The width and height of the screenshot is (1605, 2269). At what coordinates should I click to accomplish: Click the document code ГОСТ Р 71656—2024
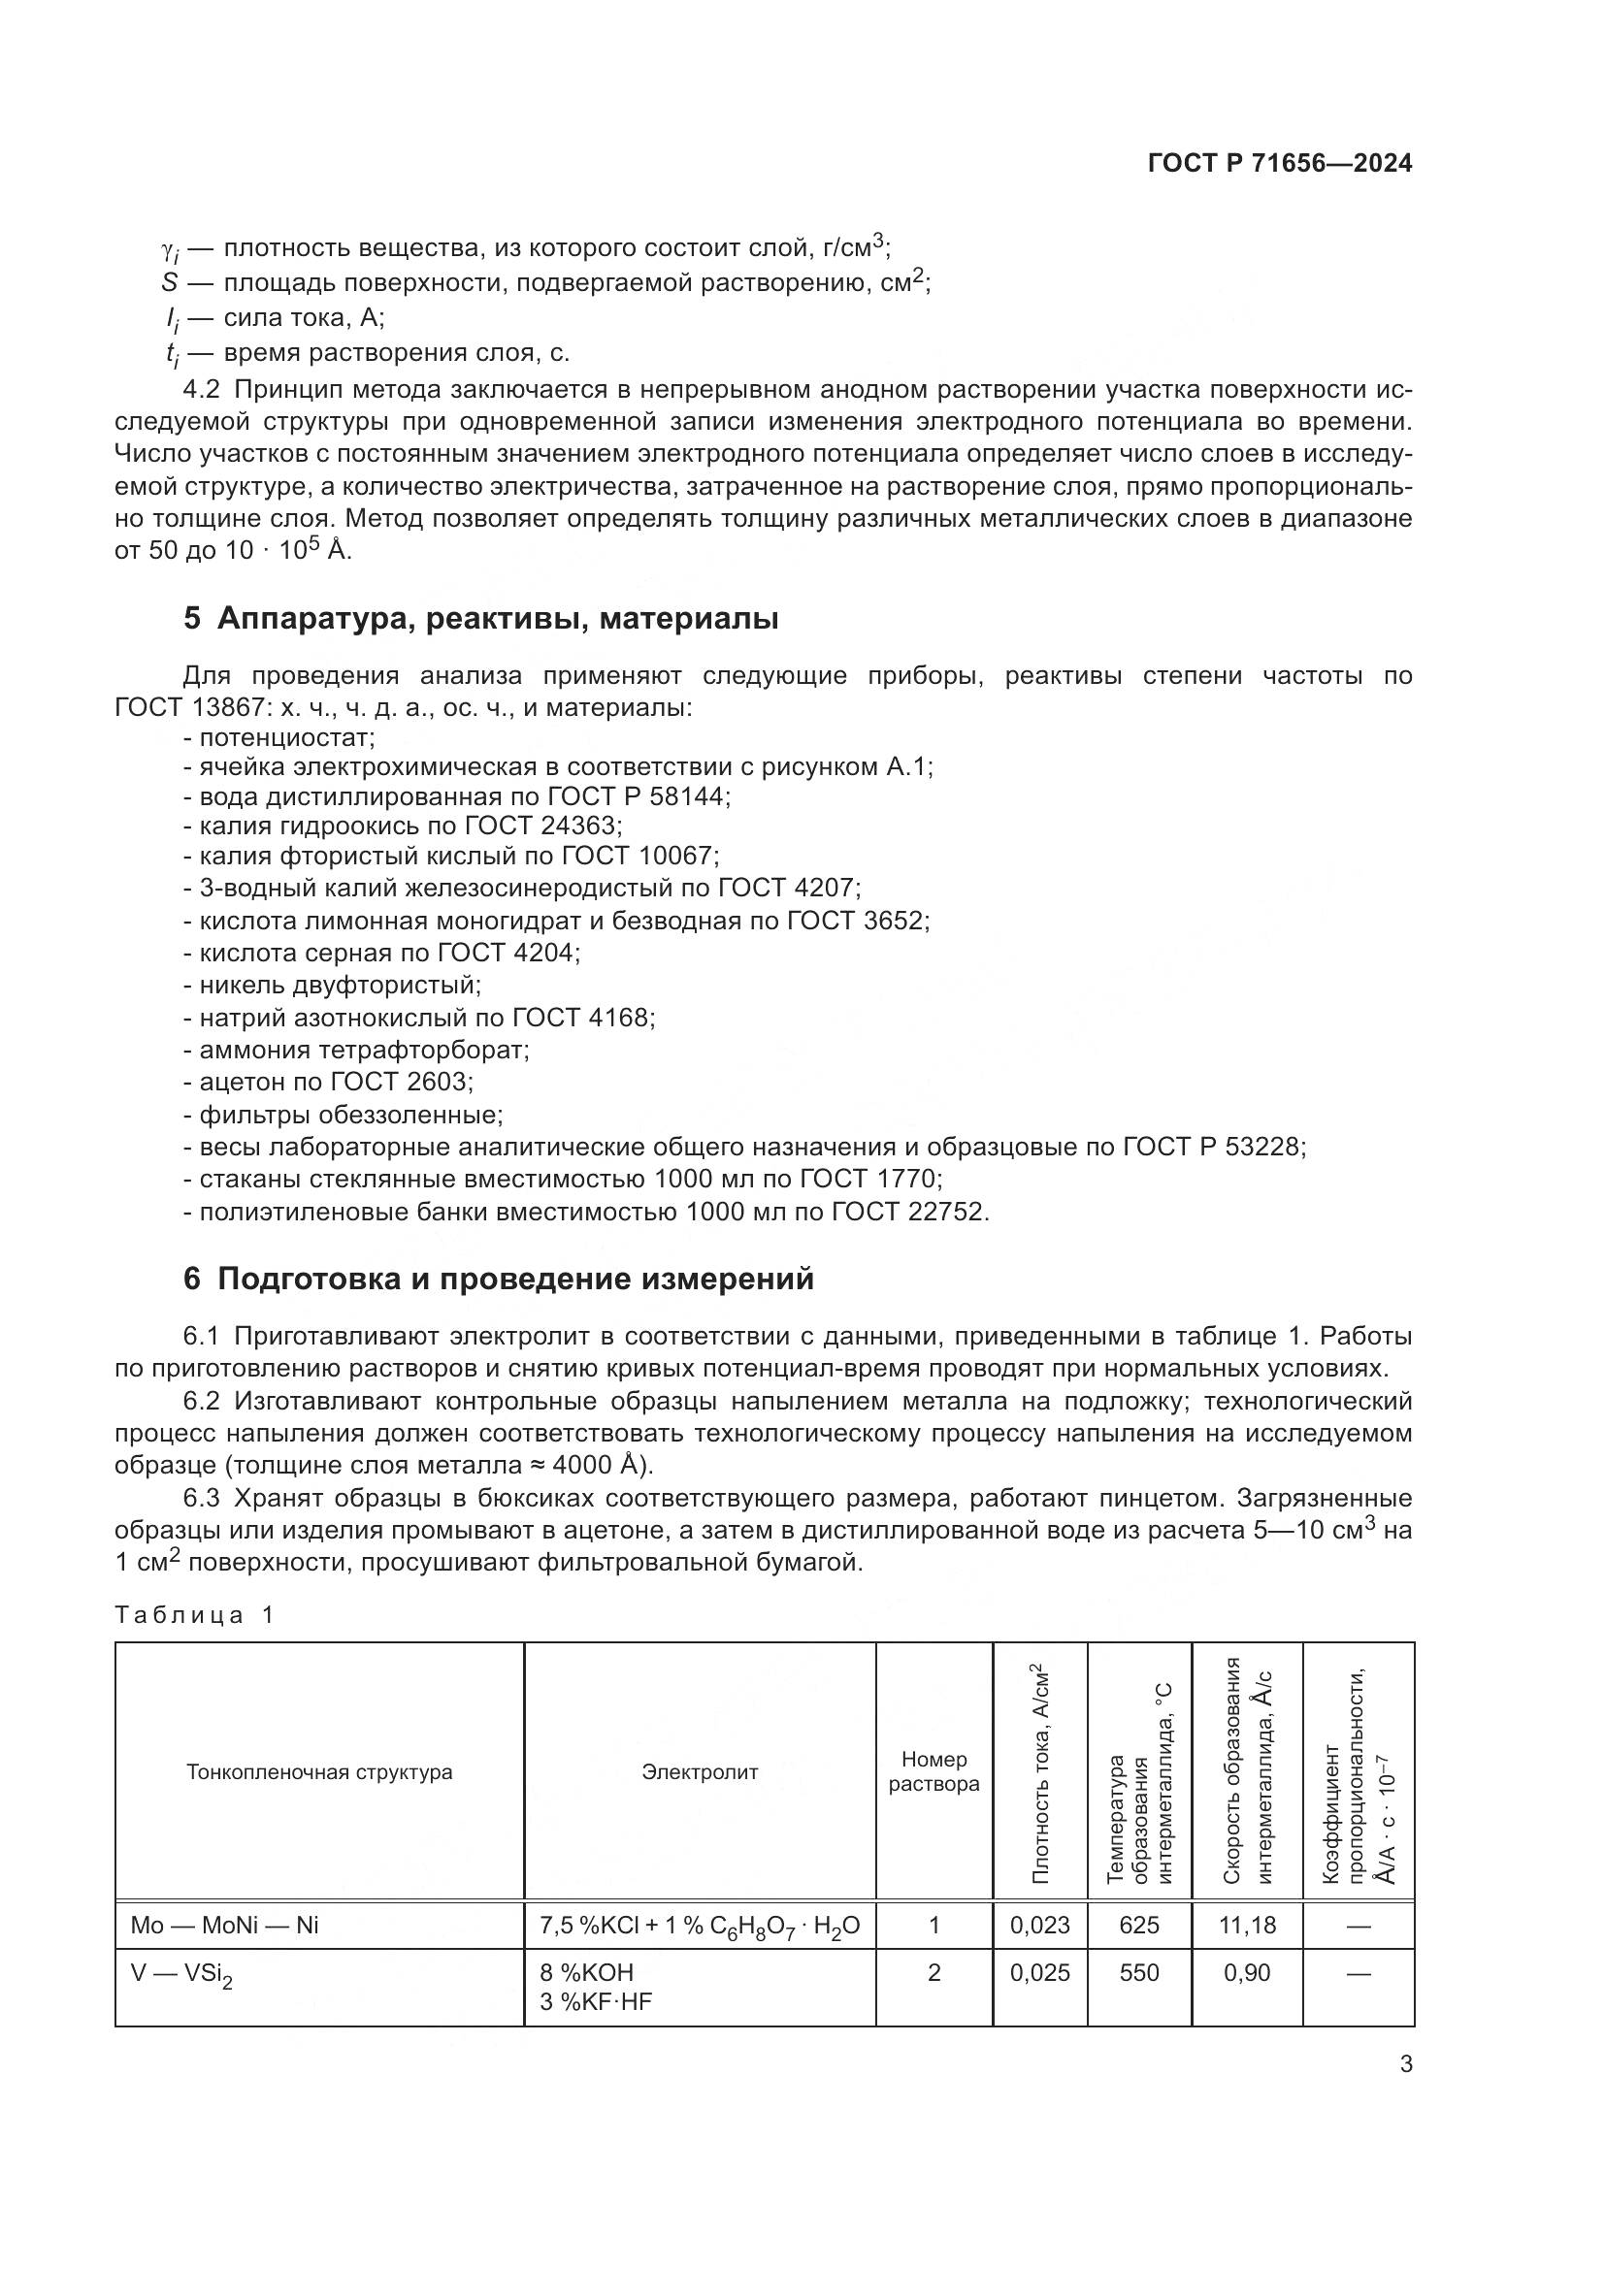pos(1279,164)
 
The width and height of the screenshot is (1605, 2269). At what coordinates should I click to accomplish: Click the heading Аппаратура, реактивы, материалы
pos(497,619)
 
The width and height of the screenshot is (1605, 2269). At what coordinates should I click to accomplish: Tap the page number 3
pos(1406,2064)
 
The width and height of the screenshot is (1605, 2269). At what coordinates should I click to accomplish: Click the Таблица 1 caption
pos(194,1614)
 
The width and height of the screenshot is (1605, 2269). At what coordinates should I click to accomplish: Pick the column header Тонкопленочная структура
pos(319,1772)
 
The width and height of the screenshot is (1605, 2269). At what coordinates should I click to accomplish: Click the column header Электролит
pos(699,1772)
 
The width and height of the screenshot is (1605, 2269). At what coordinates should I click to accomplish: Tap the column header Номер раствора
pos(933,1771)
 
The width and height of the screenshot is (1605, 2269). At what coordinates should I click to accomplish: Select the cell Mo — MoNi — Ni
pos(224,1924)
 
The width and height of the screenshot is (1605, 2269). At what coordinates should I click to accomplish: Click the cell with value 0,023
pos(1039,1924)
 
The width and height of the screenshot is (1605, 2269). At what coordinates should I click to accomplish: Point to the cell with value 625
pos(1138,1924)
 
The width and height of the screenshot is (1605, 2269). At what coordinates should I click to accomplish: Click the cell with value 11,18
pos(1247,1924)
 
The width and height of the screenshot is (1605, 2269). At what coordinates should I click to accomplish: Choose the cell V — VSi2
pos(181,1974)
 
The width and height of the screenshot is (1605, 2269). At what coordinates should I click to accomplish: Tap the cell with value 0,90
pos(1247,1972)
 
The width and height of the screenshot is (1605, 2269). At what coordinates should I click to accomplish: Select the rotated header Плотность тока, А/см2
pos(1039,1772)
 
